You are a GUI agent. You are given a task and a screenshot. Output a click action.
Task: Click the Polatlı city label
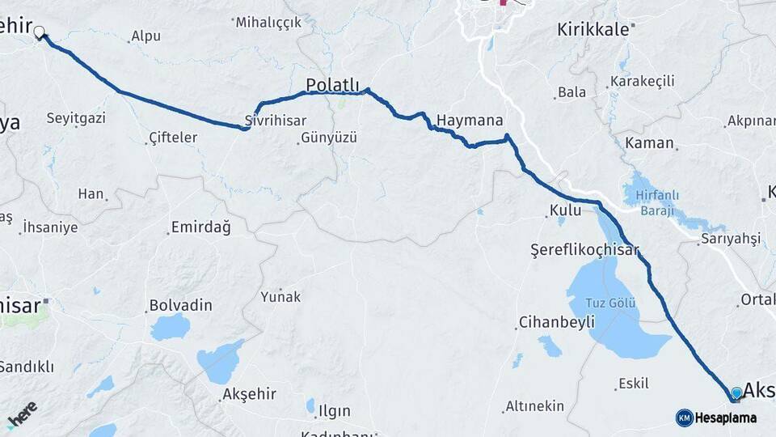pyautogui.click(x=332, y=85)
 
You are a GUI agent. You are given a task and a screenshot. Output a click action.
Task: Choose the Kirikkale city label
pyautogui.click(x=593, y=29)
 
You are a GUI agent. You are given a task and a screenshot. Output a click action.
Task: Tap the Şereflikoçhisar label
pyautogui.click(x=585, y=249)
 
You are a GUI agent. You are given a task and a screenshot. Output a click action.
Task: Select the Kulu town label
pyautogui.click(x=565, y=210)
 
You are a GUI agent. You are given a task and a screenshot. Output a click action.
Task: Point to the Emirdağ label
pyautogui.click(x=200, y=227)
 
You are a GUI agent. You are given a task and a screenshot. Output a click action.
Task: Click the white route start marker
pyautogui.click(x=39, y=33)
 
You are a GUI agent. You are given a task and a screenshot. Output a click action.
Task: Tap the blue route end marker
pyautogui.click(x=736, y=393)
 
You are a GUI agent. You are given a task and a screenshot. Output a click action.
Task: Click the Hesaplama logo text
pyautogui.click(x=727, y=418)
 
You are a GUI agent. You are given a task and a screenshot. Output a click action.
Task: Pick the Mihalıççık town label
pyautogui.click(x=268, y=22)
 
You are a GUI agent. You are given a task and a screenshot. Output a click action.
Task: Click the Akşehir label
pyautogui.click(x=249, y=394)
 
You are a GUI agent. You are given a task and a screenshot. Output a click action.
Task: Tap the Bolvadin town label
pyautogui.click(x=180, y=305)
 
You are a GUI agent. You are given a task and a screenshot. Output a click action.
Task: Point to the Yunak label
pyautogui.click(x=280, y=297)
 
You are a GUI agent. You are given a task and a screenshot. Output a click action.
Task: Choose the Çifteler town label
pyautogui.click(x=173, y=138)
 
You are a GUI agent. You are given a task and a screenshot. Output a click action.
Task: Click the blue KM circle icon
pyautogui.click(x=684, y=418)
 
